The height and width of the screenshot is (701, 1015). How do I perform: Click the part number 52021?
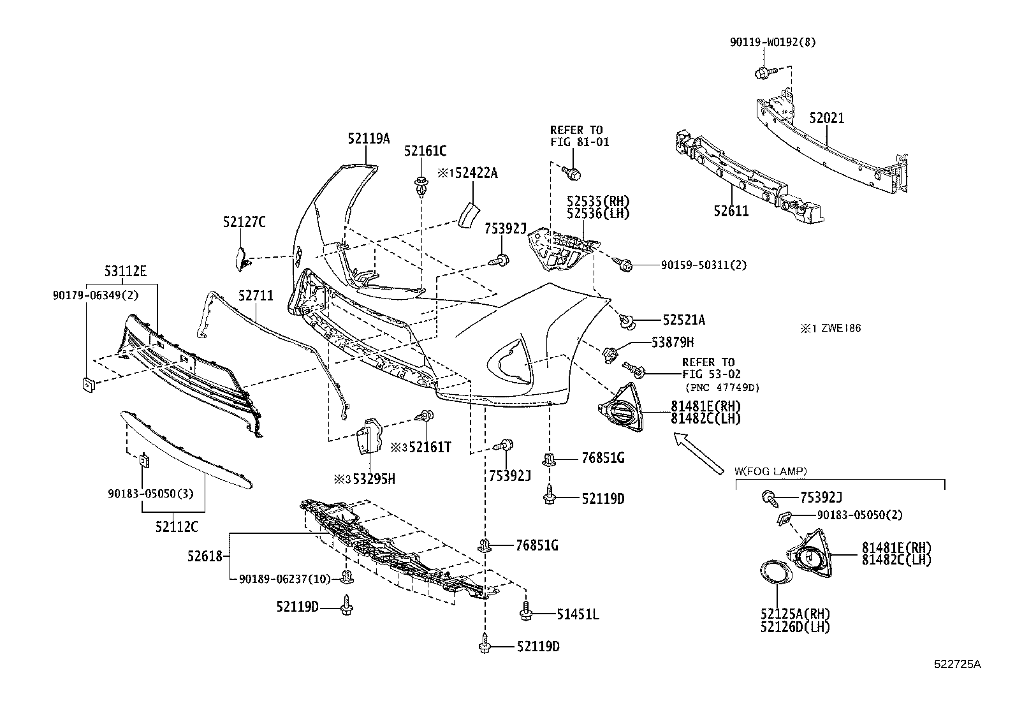click(x=827, y=119)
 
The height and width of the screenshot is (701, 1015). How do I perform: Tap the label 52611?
click(x=731, y=211)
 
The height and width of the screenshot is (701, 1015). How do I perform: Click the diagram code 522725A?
click(x=958, y=664)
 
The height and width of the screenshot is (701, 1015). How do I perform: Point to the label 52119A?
click(x=369, y=137)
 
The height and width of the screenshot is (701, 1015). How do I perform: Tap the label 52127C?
click(x=244, y=222)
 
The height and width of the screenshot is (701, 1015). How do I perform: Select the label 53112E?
click(x=126, y=272)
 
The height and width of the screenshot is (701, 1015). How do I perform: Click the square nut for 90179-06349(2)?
click(x=88, y=384)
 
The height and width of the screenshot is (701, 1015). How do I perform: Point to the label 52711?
click(x=256, y=296)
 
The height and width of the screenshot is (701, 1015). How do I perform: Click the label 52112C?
click(x=176, y=527)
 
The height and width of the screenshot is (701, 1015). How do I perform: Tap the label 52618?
click(x=205, y=556)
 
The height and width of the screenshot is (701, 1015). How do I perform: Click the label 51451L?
click(x=577, y=614)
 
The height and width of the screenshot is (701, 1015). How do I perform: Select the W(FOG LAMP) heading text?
click(x=770, y=471)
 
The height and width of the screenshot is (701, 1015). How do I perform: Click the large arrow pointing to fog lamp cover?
click(x=701, y=453)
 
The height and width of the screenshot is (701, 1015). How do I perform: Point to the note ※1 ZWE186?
click(x=831, y=328)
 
